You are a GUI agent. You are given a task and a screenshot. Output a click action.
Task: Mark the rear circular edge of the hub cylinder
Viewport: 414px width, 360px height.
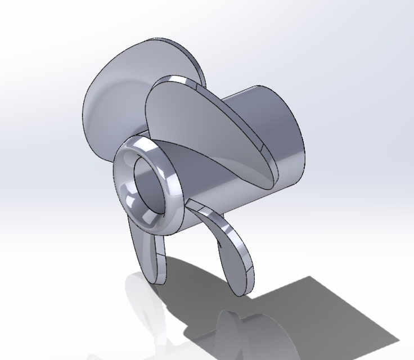pos(301,135)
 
